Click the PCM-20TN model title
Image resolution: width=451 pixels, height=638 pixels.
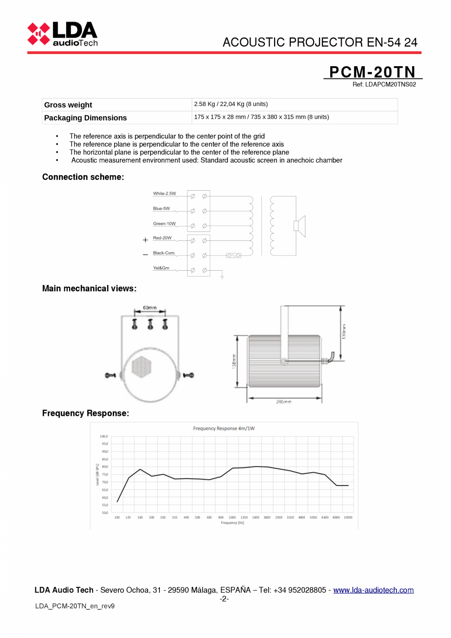coord(372,72)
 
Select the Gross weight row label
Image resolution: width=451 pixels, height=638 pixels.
coord(68,105)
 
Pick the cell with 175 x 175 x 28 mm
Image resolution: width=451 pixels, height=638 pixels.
coord(261,117)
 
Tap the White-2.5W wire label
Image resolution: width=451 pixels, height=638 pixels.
coord(164,194)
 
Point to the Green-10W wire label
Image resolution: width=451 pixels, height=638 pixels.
coord(164,224)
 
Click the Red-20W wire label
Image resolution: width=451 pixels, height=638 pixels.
coord(162,238)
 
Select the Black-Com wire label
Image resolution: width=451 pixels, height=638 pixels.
coord(163,253)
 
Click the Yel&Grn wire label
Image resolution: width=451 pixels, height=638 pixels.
coord(161,268)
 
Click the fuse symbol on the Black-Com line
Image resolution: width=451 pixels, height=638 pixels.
coord(233,255)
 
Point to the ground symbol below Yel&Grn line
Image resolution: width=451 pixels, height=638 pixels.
coord(222,277)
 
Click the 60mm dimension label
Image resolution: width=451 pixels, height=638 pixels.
coord(150,308)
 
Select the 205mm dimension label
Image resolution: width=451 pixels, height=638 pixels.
coord(284,402)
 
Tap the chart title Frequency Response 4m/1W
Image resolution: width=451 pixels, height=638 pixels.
coord(224,429)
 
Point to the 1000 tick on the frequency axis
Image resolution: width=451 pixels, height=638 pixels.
coord(232,517)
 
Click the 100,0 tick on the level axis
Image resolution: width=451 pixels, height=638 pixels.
coord(104,436)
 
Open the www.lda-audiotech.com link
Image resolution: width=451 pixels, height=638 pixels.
coord(373,590)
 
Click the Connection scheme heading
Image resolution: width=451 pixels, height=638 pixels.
coord(83,177)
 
